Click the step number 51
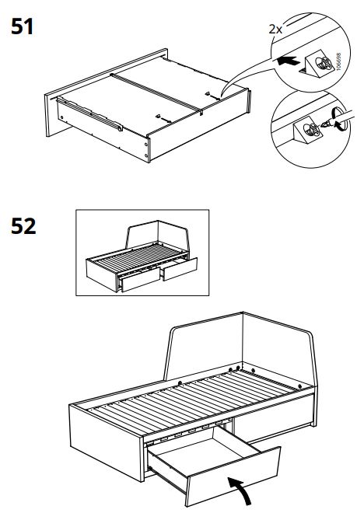[x=23, y=26]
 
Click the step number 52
[x=23, y=226]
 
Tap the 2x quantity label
[x=275, y=30]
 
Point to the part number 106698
[x=338, y=61]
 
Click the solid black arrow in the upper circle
[x=288, y=61]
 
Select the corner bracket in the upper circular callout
[x=317, y=64]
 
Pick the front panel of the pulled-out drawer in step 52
[x=233, y=477]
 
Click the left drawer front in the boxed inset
[x=140, y=279]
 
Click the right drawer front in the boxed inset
[x=180, y=269]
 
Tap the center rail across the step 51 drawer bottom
[x=157, y=93]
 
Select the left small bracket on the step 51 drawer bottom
[x=157, y=117]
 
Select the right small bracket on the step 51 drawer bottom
[x=208, y=93]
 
